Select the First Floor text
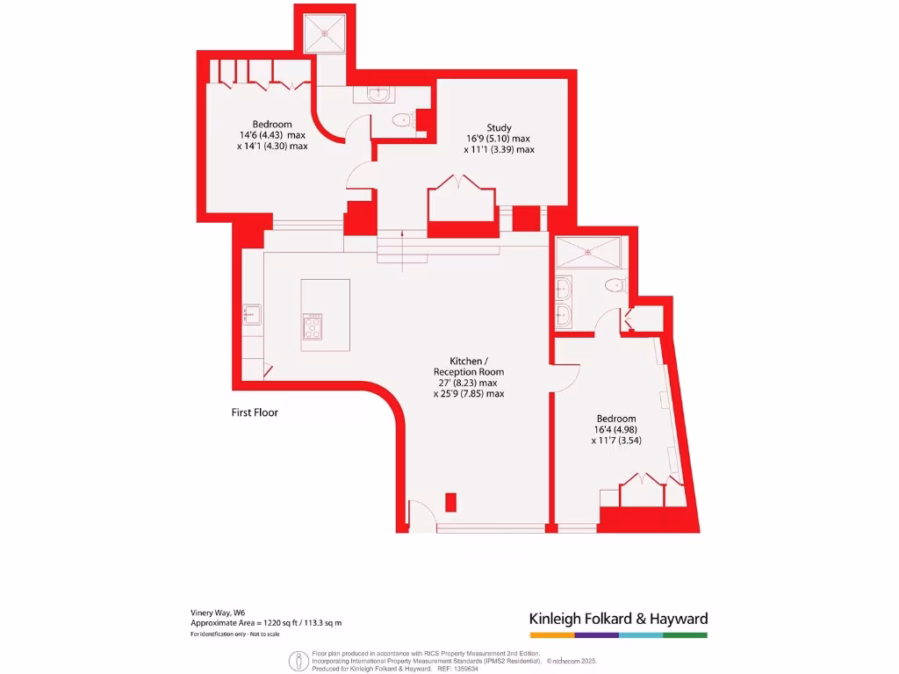click(x=255, y=412)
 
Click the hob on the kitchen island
click(x=313, y=327)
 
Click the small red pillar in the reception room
click(x=450, y=502)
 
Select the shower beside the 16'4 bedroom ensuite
click(x=589, y=254)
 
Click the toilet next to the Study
click(x=401, y=121)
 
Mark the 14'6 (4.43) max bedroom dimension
click(x=272, y=135)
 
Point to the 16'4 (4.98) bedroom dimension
click(x=614, y=429)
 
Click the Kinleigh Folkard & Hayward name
click(x=618, y=618)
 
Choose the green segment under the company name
click(x=685, y=635)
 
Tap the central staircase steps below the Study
click(x=401, y=246)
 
